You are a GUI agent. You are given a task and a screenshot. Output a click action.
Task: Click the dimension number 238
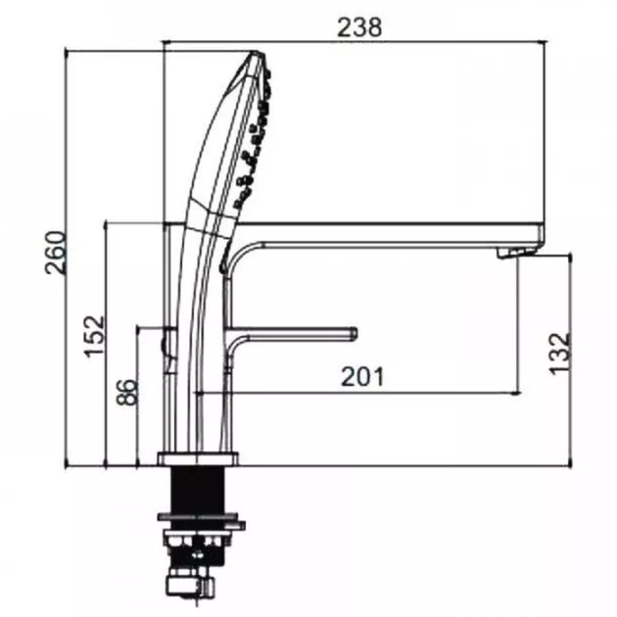click(359, 27)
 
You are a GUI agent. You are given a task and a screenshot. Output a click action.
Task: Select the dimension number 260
click(55, 253)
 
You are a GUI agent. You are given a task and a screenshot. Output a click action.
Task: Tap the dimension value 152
click(94, 337)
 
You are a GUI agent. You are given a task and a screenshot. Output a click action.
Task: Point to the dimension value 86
click(127, 392)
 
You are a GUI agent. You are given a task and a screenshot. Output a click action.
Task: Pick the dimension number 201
click(362, 377)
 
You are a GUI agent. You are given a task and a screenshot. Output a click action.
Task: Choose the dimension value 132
click(559, 355)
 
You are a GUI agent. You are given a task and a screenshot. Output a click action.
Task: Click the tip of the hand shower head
click(257, 52)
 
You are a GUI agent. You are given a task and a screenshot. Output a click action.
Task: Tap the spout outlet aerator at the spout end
click(515, 253)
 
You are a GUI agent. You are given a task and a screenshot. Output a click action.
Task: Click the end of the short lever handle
click(355, 333)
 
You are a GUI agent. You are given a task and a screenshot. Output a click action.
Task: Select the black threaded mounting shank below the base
click(198, 490)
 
